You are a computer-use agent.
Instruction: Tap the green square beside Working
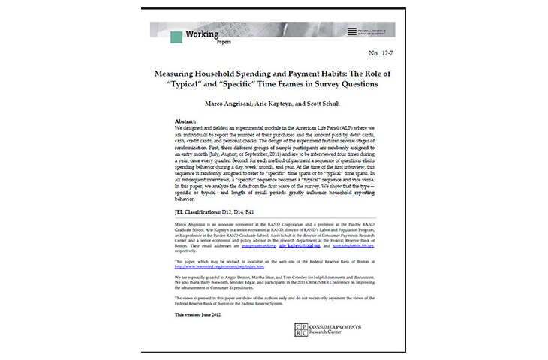click(177, 37)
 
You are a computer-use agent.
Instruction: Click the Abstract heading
click(185, 121)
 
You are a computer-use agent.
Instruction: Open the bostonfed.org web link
click(221, 266)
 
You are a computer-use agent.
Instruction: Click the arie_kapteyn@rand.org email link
click(300, 245)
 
